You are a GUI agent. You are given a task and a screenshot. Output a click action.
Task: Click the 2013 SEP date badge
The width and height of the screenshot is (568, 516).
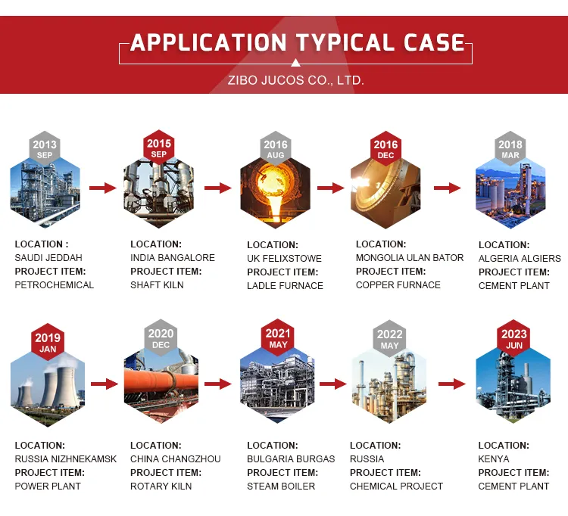click(45, 148)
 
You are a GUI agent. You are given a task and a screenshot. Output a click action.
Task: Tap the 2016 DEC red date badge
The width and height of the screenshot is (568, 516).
click(385, 148)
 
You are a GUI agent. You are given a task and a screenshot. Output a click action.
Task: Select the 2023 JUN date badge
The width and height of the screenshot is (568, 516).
click(514, 338)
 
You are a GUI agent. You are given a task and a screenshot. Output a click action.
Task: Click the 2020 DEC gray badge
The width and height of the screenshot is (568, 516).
click(161, 338)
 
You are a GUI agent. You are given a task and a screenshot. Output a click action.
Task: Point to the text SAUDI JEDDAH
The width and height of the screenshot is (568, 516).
click(48, 258)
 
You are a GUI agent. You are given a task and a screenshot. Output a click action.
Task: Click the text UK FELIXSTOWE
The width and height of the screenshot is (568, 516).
click(284, 258)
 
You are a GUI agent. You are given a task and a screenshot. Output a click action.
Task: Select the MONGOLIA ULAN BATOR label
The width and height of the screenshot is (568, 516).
click(410, 258)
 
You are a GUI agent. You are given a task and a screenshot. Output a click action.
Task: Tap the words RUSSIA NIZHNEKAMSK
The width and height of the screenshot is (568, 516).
click(66, 458)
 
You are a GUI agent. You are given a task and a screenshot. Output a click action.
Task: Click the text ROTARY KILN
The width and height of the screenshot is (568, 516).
click(161, 486)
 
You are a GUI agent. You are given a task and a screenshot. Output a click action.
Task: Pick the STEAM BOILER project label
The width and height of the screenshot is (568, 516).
click(281, 486)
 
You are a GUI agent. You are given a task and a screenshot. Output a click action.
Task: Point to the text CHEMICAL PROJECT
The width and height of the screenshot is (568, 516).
click(396, 486)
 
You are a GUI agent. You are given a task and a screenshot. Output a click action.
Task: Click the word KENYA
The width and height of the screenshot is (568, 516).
click(493, 458)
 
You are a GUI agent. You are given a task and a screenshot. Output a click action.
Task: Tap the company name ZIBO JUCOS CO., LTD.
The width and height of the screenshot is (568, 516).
click(295, 80)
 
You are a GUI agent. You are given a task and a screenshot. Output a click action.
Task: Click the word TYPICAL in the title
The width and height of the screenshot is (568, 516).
click(345, 42)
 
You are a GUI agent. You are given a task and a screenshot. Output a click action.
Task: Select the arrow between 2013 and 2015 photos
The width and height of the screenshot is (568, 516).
click(103, 188)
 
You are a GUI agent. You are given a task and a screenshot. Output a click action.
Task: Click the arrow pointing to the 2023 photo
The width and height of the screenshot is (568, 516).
click(451, 384)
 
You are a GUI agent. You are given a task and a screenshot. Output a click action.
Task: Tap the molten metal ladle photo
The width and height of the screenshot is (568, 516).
click(276, 191)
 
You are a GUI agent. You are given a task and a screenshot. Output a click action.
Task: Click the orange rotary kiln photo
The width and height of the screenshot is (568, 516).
click(161, 386)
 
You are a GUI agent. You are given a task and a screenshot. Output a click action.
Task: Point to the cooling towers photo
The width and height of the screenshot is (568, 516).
click(48, 389)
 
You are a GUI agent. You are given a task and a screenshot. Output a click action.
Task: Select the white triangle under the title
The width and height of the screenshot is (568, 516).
click(295, 64)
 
